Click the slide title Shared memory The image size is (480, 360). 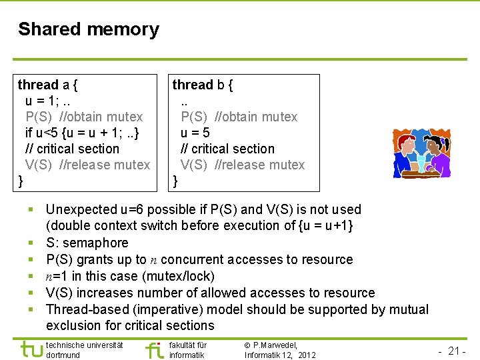(89, 29)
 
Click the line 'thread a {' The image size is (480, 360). (47, 85)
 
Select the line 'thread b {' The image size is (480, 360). (203, 85)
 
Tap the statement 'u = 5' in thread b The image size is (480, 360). (195, 133)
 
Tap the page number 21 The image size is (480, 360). (455, 351)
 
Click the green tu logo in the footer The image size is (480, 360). (32, 349)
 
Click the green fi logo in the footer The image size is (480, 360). (154, 349)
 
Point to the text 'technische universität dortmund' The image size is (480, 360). (84, 350)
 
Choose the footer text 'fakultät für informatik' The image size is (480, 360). (188, 350)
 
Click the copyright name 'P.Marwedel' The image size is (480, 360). (275, 345)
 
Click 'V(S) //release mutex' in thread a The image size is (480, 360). (87, 165)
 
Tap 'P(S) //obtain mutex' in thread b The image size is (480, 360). (239, 117)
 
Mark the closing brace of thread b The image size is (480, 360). (176, 181)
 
